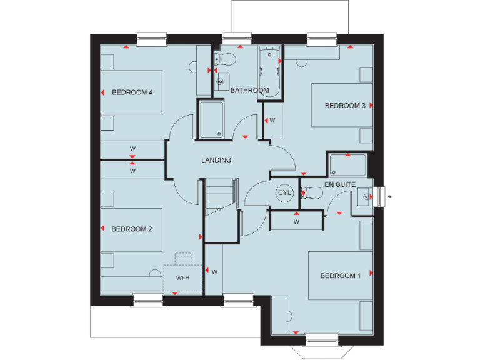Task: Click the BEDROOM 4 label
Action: [132, 92]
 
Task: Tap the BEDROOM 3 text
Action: [345, 106]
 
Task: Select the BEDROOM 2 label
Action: [132, 229]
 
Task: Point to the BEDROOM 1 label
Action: [341, 276]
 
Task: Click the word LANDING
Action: [216, 160]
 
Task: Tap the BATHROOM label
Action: [249, 91]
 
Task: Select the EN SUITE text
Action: [340, 184]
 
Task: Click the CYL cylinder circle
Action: [284, 193]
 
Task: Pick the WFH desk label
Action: [182, 277]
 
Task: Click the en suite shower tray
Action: [348, 165]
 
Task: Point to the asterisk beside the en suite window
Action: [390, 198]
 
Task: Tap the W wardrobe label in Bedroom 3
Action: [272, 119]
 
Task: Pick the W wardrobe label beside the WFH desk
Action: [214, 272]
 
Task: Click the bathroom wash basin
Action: [221, 81]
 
